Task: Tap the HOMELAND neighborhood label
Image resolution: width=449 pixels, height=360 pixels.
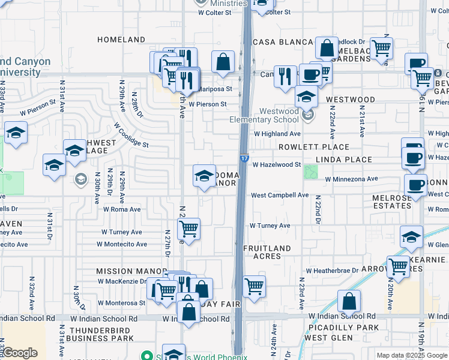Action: (x=121, y=40)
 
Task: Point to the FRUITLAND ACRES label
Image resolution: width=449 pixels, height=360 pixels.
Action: (x=267, y=252)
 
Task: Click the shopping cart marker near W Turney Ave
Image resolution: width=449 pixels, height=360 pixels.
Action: (x=189, y=229)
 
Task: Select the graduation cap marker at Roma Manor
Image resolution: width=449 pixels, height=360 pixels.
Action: (x=204, y=176)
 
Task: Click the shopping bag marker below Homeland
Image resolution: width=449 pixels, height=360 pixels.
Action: (x=223, y=62)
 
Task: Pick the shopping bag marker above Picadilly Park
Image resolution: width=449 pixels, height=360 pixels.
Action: (x=349, y=301)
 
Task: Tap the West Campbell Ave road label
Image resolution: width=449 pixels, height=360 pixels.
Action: (x=280, y=195)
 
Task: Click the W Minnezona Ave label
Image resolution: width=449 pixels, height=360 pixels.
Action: (x=351, y=179)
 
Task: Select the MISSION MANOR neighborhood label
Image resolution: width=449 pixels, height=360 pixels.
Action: (x=122, y=271)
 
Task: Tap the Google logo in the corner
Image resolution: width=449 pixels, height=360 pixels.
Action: (x=20, y=353)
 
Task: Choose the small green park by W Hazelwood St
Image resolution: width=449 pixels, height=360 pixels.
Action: (x=311, y=172)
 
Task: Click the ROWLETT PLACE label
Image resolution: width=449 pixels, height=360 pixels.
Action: (x=313, y=147)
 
